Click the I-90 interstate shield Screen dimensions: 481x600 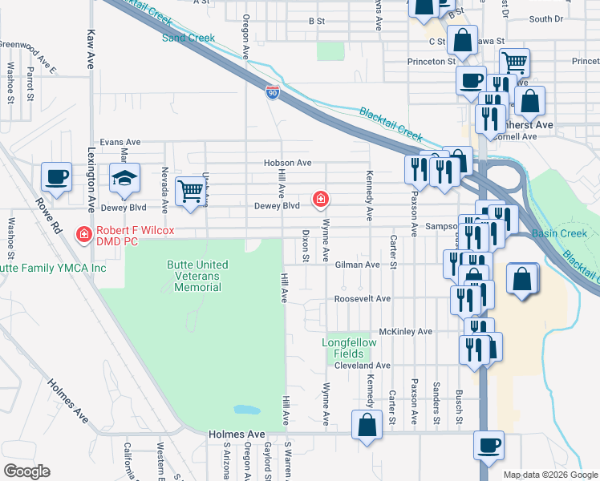(273, 93)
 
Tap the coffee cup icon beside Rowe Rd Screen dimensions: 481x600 (56, 178)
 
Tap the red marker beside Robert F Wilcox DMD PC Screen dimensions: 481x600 (83, 234)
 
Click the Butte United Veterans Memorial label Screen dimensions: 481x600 (197, 276)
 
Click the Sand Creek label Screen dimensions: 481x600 (189, 38)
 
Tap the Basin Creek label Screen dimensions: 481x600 (559, 234)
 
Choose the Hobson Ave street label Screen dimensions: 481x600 (287, 163)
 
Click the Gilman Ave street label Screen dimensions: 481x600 (357, 264)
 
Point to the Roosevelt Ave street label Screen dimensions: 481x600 (362, 298)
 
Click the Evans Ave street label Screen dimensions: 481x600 (120, 142)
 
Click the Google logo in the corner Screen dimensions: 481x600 (26, 471)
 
